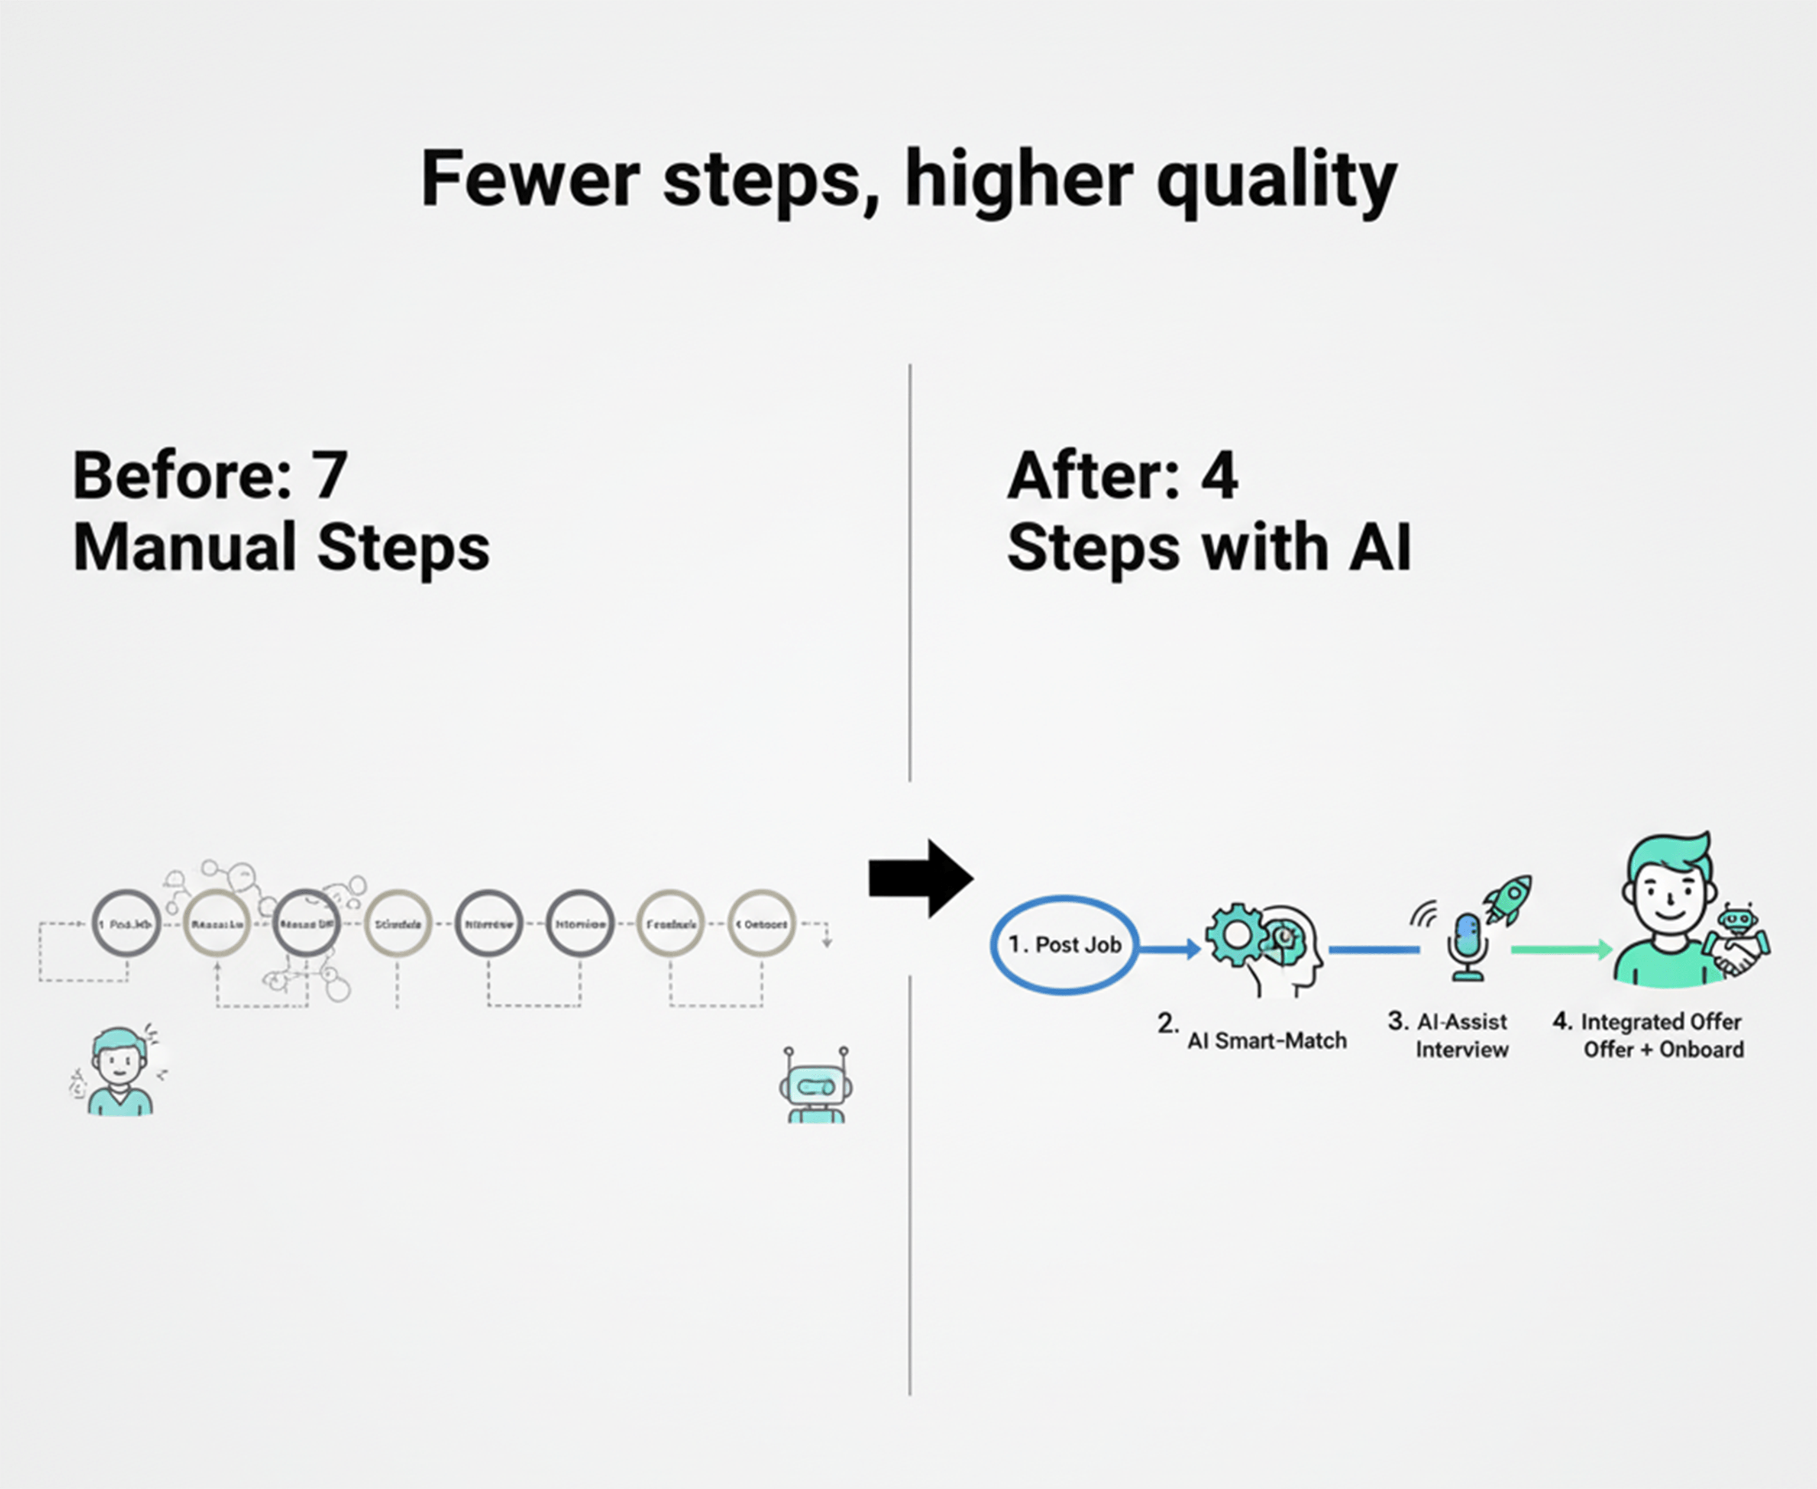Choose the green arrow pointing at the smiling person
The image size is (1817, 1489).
[1561, 949]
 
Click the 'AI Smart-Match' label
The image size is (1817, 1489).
[1266, 1041]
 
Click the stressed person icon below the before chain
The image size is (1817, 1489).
[120, 1072]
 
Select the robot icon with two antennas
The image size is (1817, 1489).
[816, 1085]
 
